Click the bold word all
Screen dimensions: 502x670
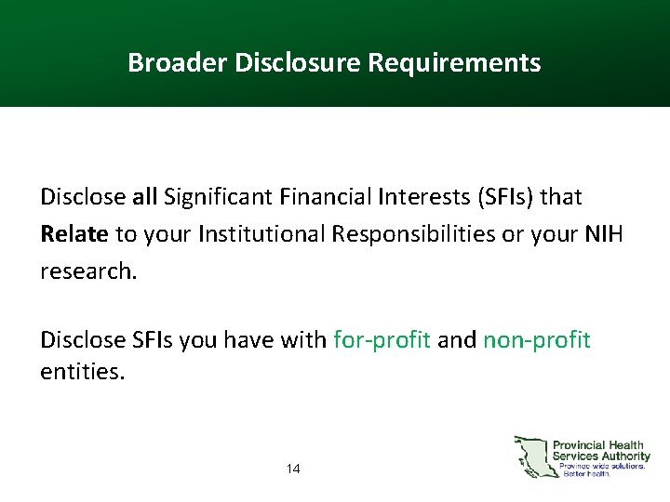(144, 197)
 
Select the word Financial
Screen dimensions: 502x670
(312, 197)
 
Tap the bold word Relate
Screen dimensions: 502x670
(74, 234)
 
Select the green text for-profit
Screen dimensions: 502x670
(382, 340)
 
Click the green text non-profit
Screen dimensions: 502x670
(536, 340)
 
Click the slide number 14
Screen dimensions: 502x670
(293, 469)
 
